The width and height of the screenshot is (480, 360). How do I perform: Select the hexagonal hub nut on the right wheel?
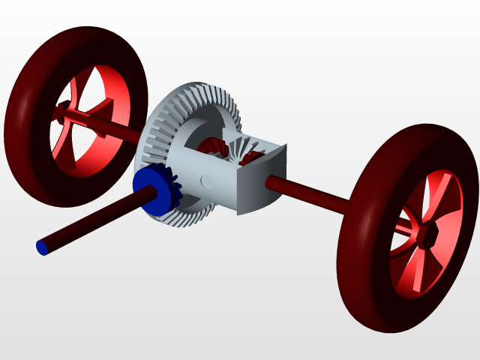tap(428, 234)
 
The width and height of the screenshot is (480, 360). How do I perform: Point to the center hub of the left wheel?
tap(63, 112)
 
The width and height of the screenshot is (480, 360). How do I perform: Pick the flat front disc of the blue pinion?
tap(147, 191)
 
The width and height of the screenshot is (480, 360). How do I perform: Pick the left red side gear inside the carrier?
tap(213, 146)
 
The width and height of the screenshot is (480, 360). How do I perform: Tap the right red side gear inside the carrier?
tap(254, 157)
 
